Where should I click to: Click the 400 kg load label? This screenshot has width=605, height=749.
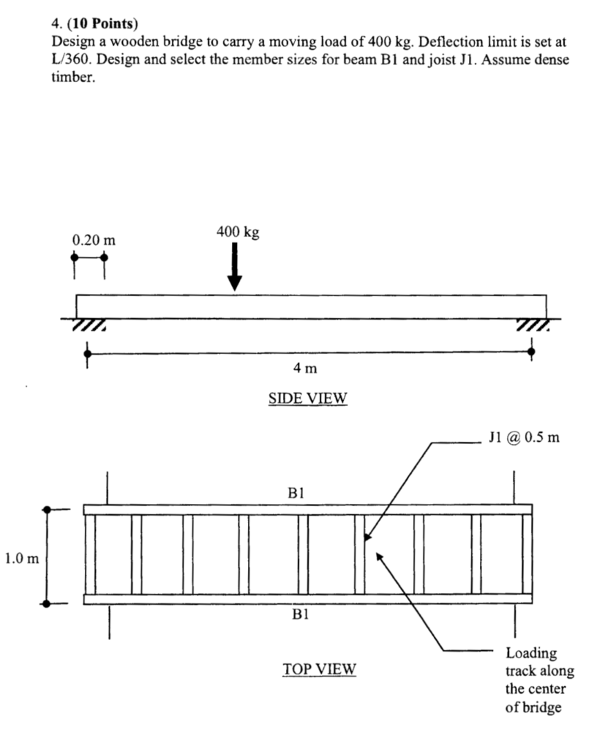238,232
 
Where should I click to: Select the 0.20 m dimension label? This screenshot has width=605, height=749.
94,240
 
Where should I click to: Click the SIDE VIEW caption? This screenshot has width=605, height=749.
307,398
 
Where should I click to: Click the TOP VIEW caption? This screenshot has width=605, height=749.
319,669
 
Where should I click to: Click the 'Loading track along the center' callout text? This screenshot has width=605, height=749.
539,680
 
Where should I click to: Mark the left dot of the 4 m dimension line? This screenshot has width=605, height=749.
88,354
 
